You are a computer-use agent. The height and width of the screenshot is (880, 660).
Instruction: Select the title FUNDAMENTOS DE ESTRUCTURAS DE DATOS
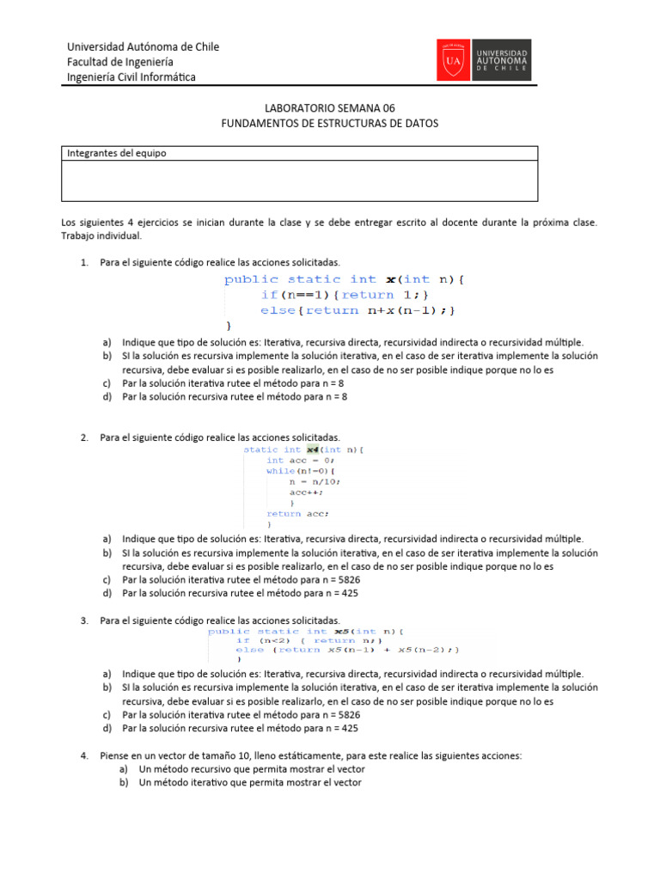330,123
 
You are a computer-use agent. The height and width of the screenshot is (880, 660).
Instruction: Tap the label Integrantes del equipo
117,153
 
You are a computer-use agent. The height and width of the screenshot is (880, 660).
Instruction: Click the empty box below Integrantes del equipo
299,180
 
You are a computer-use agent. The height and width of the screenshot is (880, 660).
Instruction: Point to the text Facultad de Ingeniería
120,62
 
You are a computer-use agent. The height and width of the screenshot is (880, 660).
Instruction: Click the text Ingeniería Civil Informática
131,77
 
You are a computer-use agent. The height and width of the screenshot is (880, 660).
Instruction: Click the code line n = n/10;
315,482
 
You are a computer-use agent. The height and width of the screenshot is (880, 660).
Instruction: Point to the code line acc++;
305,492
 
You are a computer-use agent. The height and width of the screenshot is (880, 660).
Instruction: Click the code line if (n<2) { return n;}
308,640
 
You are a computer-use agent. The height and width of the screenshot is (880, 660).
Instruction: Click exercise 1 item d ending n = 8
234,397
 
